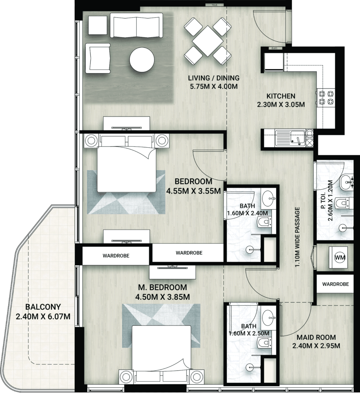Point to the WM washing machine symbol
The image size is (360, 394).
[x=340, y=257]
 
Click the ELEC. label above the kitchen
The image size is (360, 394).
[x=275, y=48]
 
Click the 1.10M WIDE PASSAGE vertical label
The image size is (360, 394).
[x=298, y=237]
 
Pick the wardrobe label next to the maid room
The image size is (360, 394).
[x=336, y=284]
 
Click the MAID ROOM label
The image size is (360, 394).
[x=316, y=337]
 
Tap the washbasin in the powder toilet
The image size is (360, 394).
[x=347, y=182]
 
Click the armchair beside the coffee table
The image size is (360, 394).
[x=98, y=58]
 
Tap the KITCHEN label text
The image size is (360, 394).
[x=281, y=96]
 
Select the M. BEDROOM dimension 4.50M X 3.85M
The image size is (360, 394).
[x=162, y=297]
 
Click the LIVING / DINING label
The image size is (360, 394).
[x=214, y=78]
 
